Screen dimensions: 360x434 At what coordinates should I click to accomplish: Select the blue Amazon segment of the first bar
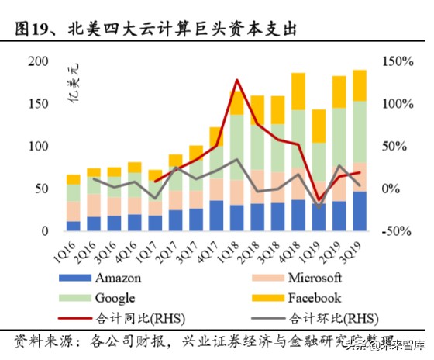click(74, 226)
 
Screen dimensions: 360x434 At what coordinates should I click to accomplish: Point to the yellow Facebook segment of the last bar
click(360, 85)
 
